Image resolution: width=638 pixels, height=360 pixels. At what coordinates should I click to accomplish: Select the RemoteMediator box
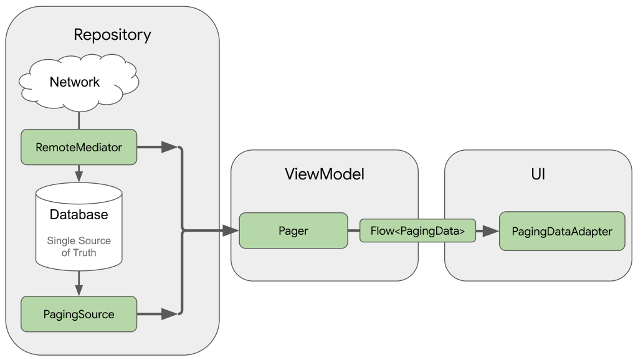79,148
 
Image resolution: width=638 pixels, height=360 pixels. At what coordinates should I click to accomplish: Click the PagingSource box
79,315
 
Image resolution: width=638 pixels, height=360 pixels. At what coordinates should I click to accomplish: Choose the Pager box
293,231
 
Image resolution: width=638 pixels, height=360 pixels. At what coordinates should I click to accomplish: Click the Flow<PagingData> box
417,231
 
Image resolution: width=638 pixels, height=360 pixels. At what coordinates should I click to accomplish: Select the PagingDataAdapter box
561,231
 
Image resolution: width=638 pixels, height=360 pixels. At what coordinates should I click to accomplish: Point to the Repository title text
112,35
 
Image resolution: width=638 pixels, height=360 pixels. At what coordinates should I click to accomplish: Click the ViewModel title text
324,174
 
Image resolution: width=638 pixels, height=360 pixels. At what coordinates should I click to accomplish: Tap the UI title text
538,174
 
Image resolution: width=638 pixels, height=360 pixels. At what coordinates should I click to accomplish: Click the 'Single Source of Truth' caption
79,247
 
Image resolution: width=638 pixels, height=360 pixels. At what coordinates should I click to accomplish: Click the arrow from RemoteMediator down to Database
79,173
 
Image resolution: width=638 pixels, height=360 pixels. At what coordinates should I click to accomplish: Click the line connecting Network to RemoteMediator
79,120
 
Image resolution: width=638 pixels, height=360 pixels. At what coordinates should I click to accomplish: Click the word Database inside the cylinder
79,215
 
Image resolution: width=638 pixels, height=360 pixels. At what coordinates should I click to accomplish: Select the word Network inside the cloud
75,82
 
